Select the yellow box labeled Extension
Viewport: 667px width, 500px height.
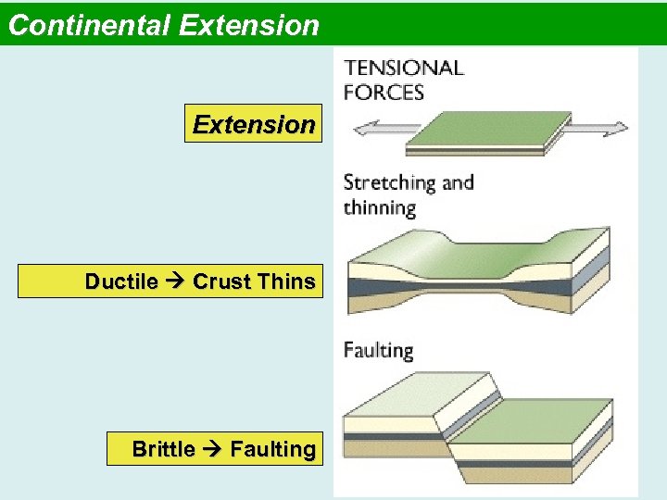[x=253, y=124]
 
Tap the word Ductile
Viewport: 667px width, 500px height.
[x=120, y=281]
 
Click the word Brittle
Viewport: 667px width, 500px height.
[x=163, y=449]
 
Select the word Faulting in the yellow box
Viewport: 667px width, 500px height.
[x=272, y=449]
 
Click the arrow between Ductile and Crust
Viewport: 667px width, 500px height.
[x=174, y=281]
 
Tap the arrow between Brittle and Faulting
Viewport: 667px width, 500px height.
[x=212, y=449]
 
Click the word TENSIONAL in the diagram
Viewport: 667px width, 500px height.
[x=403, y=69]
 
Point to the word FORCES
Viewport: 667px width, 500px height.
[x=384, y=92]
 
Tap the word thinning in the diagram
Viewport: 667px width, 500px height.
[x=379, y=207]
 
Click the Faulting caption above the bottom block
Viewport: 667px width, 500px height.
[x=378, y=350]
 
